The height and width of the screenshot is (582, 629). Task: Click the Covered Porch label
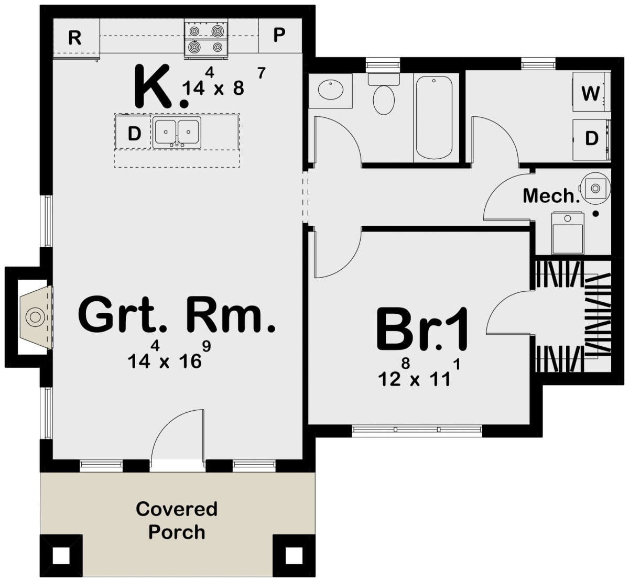(x=177, y=520)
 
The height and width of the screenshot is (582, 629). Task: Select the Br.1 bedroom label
(x=422, y=331)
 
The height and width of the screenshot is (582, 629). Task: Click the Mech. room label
(x=550, y=196)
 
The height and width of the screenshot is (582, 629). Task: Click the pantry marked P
(x=279, y=36)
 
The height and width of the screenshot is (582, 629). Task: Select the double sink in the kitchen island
(x=177, y=133)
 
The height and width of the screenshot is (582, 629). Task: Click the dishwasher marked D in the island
(x=134, y=134)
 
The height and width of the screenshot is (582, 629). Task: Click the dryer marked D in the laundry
(x=591, y=139)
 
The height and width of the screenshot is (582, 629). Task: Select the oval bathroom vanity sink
(x=331, y=90)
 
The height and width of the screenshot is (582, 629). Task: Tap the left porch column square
(x=61, y=555)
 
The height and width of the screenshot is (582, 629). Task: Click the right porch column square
(x=292, y=555)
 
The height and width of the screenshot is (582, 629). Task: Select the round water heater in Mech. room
(x=594, y=187)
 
